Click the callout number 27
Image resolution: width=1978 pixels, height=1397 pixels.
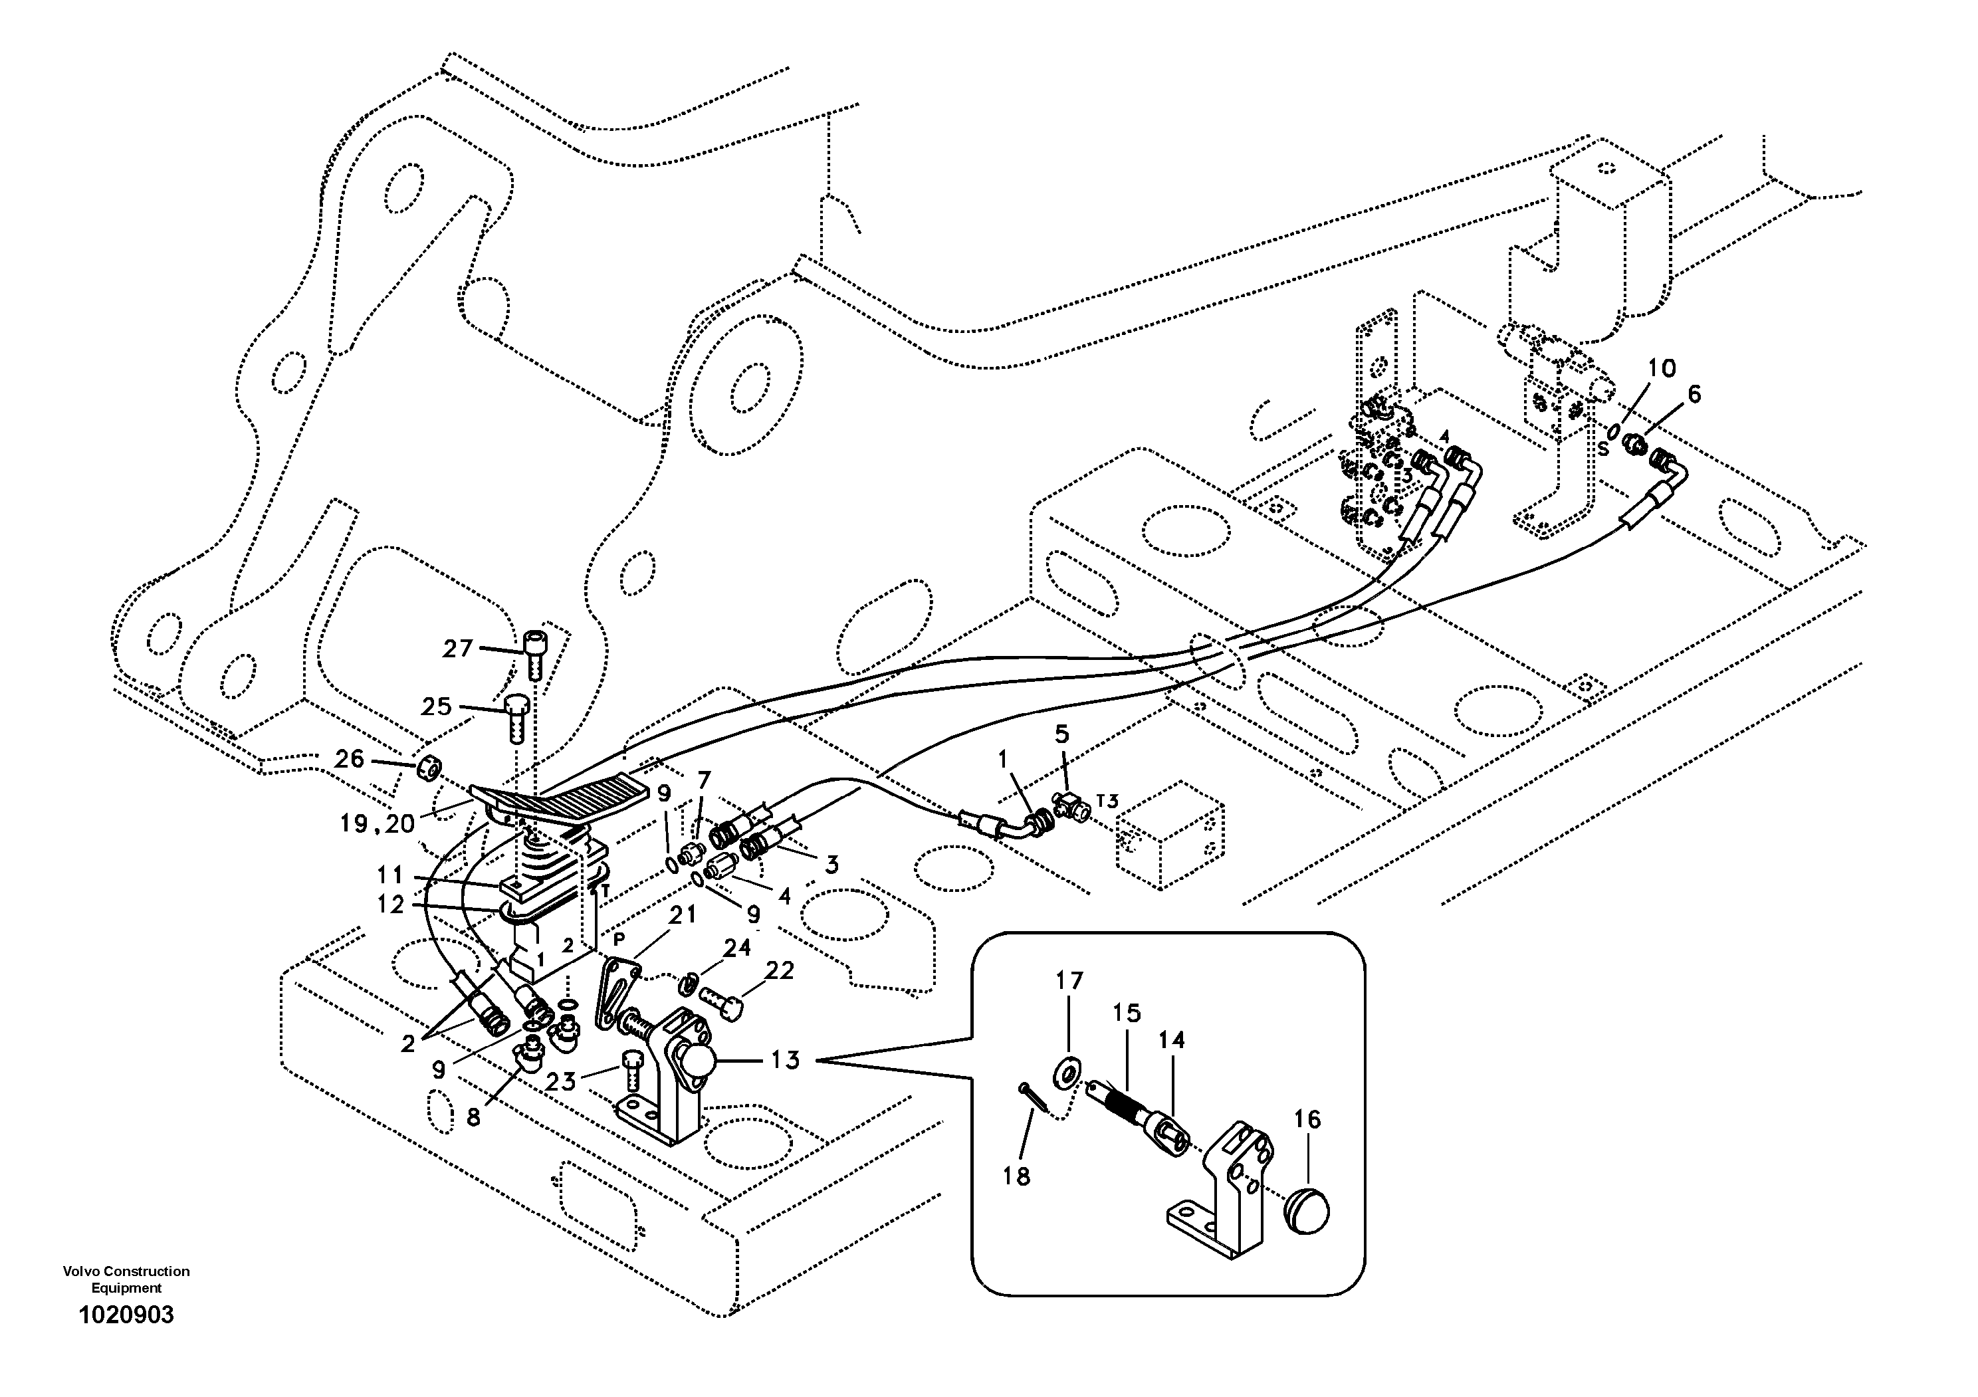[457, 649]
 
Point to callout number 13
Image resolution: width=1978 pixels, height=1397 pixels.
[785, 1060]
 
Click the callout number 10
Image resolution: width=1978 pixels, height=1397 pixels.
[1662, 369]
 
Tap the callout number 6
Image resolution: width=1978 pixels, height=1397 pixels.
[1694, 395]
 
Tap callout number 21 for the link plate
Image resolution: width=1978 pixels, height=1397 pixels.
[683, 914]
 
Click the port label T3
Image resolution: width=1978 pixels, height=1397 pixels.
[1108, 801]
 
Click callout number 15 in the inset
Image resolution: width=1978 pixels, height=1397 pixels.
[1126, 1014]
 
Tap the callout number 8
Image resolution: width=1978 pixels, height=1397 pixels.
[473, 1117]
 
